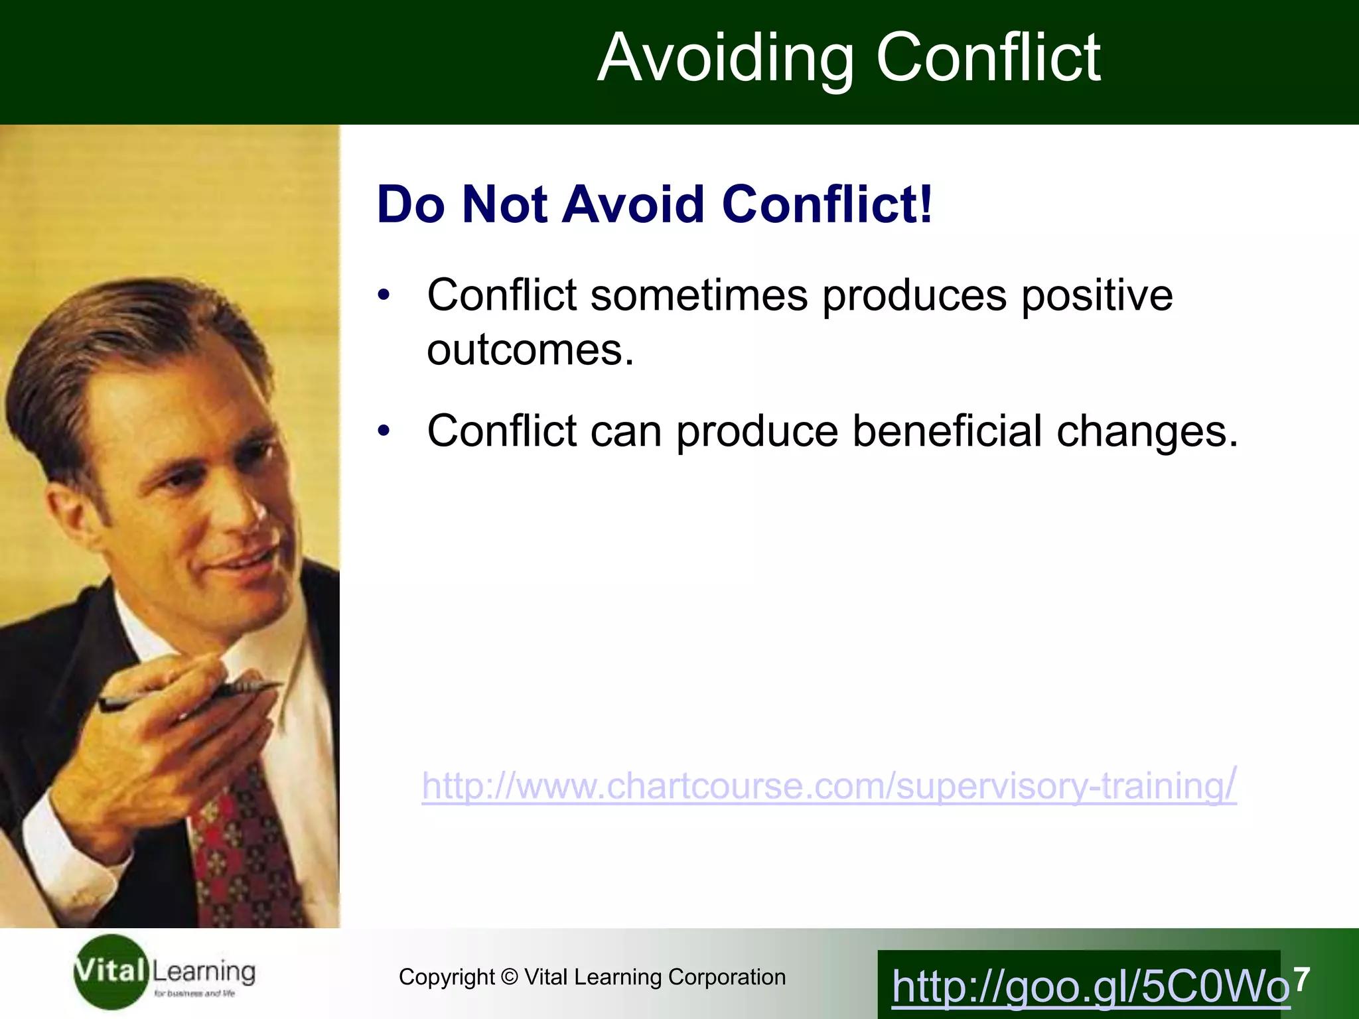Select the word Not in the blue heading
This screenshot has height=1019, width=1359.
pos(504,204)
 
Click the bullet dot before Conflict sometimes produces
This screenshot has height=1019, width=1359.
pos(384,295)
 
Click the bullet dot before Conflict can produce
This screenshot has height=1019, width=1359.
pos(384,431)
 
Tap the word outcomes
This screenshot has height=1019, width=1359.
pos(530,350)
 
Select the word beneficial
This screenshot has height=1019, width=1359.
pos(947,431)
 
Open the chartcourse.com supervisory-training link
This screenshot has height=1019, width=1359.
pos(829,786)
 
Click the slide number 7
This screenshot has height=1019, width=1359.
pos(1302,979)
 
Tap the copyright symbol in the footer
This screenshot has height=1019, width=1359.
pos(509,977)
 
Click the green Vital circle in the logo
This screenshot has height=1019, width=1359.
pos(109,972)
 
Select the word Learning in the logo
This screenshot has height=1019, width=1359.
pos(204,972)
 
